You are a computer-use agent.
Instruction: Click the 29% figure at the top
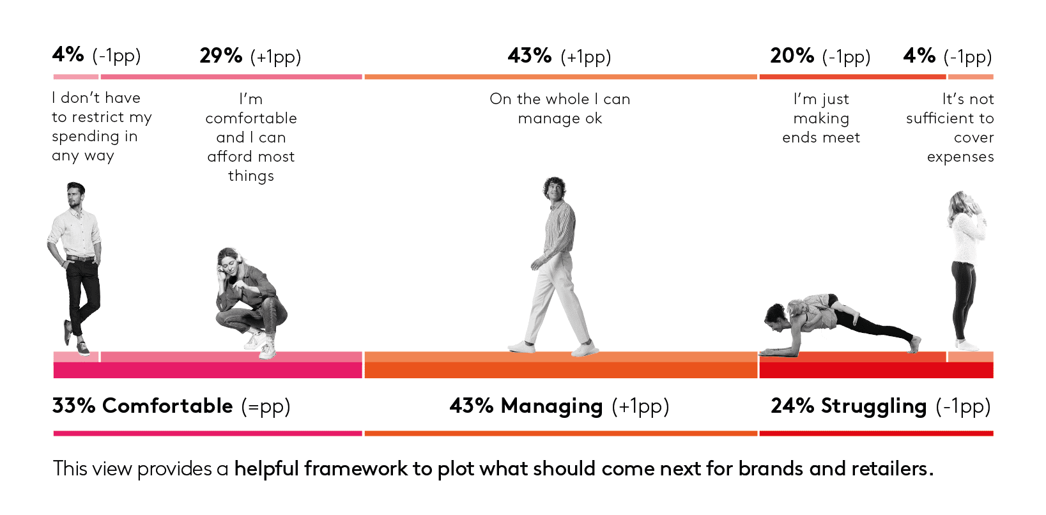pyautogui.click(x=221, y=56)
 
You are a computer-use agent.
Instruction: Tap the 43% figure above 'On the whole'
pyautogui.click(x=530, y=56)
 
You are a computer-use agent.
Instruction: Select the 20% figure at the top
pyautogui.click(x=792, y=56)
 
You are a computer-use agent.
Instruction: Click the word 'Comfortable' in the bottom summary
pyautogui.click(x=167, y=405)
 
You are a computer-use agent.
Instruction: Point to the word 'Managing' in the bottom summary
pyautogui.click(x=552, y=406)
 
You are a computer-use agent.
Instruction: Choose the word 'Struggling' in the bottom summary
pyautogui.click(x=873, y=406)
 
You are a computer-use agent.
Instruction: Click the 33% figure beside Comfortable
pyautogui.click(x=73, y=405)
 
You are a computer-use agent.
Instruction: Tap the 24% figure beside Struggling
pyautogui.click(x=792, y=405)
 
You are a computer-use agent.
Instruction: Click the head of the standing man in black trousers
pyautogui.click(x=75, y=195)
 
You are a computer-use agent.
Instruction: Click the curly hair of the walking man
pyautogui.click(x=554, y=186)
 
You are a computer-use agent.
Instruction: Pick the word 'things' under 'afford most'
pyautogui.click(x=250, y=176)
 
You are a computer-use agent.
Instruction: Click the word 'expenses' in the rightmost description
pyautogui.click(x=960, y=157)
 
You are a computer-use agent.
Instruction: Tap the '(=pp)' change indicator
pyautogui.click(x=266, y=406)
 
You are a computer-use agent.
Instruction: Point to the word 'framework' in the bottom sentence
pyautogui.click(x=356, y=468)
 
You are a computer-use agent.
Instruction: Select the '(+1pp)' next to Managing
pyautogui.click(x=641, y=406)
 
